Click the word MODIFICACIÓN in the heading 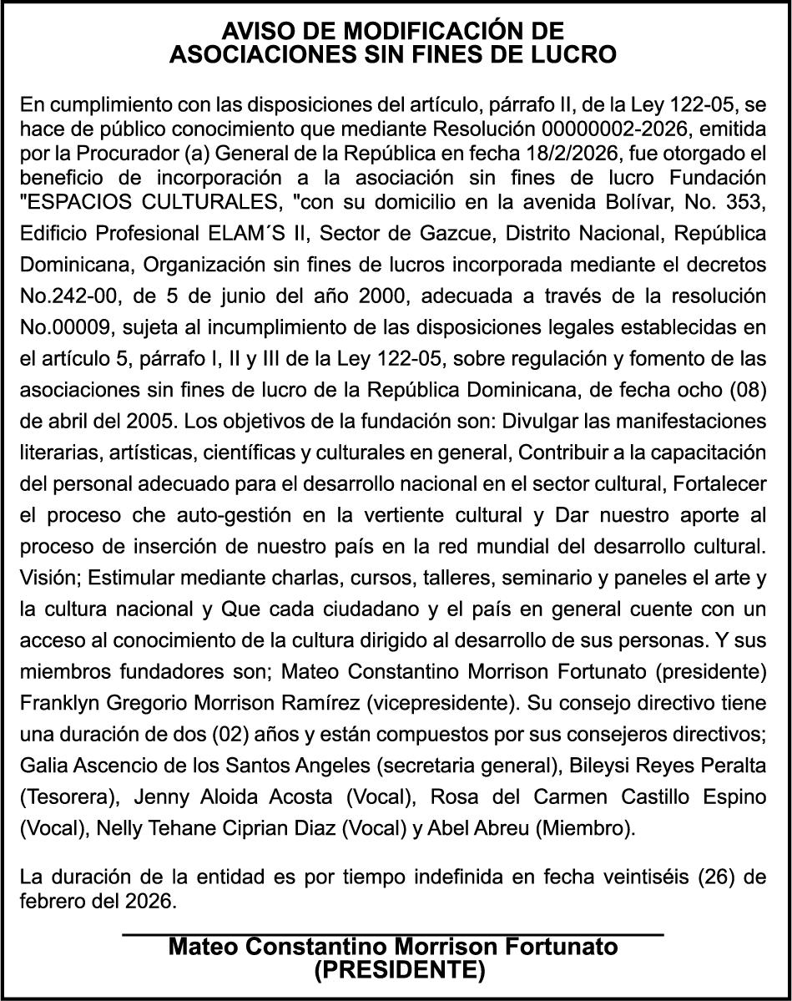(416, 32)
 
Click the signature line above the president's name (393, 934)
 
